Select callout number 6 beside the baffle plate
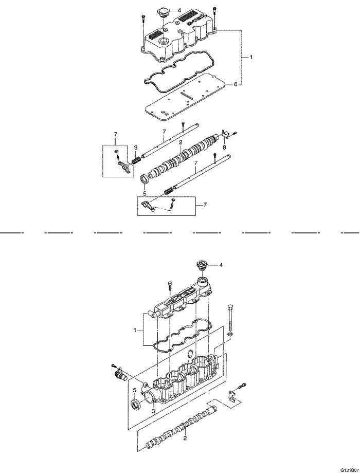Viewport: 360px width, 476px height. [x=235, y=84]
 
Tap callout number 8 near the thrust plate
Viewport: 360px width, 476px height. [x=224, y=147]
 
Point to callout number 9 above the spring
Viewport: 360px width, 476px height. [x=136, y=147]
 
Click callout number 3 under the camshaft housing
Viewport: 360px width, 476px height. [x=153, y=410]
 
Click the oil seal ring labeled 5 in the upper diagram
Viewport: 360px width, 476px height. [x=145, y=178]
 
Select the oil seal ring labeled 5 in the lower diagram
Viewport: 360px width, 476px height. [x=135, y=405]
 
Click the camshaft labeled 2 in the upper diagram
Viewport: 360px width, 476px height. [x=184, y=155]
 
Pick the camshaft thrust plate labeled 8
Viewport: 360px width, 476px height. [x=224, y=135]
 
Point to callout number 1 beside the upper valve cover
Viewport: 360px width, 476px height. [x=251, y=57]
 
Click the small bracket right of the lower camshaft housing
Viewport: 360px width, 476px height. [x=232, y=396]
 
